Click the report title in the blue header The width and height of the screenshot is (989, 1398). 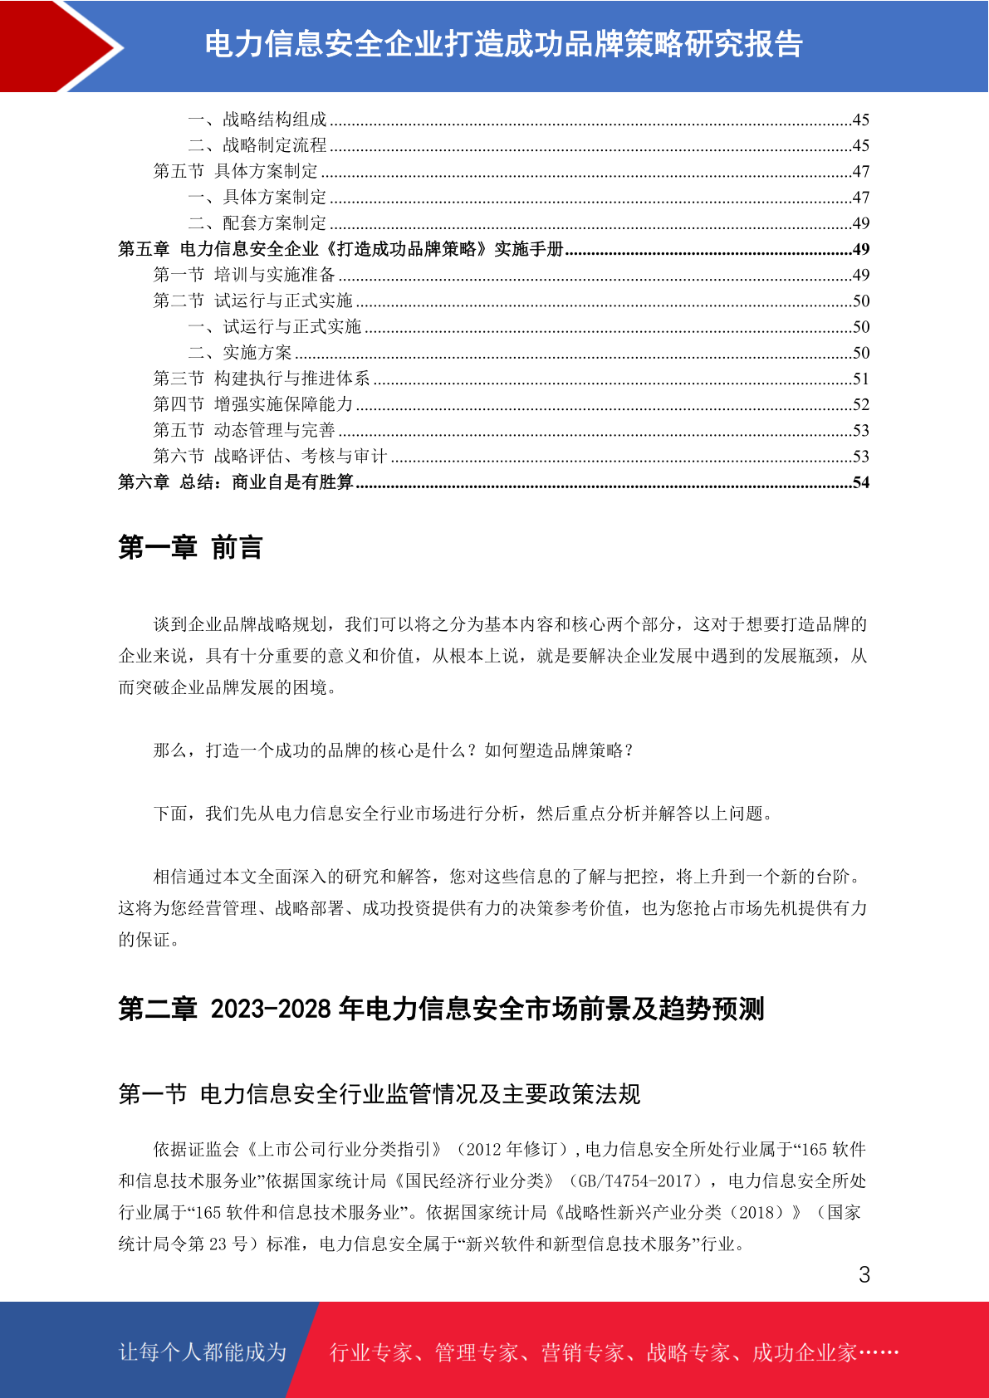click(503, 45)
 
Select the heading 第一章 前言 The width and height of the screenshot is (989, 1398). click(190, 548)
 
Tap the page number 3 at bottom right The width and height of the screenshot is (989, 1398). click(864, 1275)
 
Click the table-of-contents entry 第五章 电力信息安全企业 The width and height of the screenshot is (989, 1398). click(340, 249)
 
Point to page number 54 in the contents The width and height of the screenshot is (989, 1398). click(861, 482)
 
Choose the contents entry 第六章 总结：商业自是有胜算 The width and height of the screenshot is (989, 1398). click(236, 482)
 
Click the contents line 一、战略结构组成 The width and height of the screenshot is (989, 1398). click(257, 120)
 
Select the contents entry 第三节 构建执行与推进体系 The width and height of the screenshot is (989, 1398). click(262, 379)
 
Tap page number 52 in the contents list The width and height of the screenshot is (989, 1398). click(861, 404)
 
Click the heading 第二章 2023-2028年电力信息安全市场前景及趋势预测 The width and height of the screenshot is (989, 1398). click(441, 1009)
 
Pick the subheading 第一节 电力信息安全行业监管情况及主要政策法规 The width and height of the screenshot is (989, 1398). click(379, 1094)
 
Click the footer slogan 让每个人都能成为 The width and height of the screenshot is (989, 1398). click(203, 1352)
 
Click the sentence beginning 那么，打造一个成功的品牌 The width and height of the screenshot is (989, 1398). click(394, 750)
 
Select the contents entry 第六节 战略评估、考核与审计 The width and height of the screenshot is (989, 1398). click(270, 456)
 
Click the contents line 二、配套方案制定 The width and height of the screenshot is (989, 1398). click(257, 223)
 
